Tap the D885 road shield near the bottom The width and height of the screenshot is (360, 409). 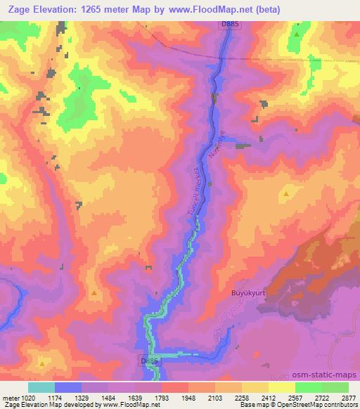click(149, 361)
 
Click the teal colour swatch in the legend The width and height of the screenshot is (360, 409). click(41, 387)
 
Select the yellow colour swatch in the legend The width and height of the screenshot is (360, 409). click(281, 387)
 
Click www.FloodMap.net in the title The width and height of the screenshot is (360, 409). click(227, 10)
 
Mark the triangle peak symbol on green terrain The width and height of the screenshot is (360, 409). click(297, 34)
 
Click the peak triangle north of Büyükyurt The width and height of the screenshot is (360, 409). click(286, 193)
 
